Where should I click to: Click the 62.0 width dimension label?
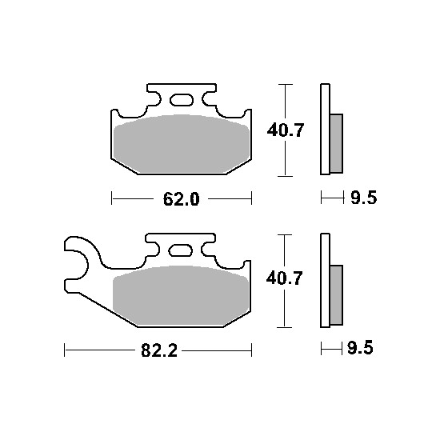pyautogui.click(x=182, y=199)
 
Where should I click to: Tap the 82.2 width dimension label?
pyautogui.click(x=159, y=350)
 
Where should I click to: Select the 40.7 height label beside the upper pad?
pyautogui.click(x=286, y=130)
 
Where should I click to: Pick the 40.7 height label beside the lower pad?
pyautogui.click(x=284, y=278)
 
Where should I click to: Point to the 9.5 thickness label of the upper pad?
pyautogui.click(x=363, y=198)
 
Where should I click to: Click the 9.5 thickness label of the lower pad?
pyautogui.click(x=360, y=348)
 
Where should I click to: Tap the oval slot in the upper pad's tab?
pyautogui.click(x=182, y=100)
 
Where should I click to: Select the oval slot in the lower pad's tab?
pyautogui.click(x=181, y=250)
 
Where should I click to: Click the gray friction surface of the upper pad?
pyautogui.click(x=182, y=144)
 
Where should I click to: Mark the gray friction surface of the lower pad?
pyautogui.click(x=181, y=296)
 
